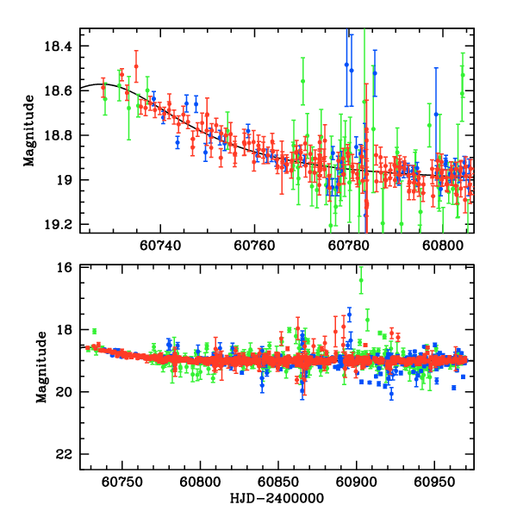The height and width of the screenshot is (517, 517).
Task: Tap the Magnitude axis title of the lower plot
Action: tap(41, 370)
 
